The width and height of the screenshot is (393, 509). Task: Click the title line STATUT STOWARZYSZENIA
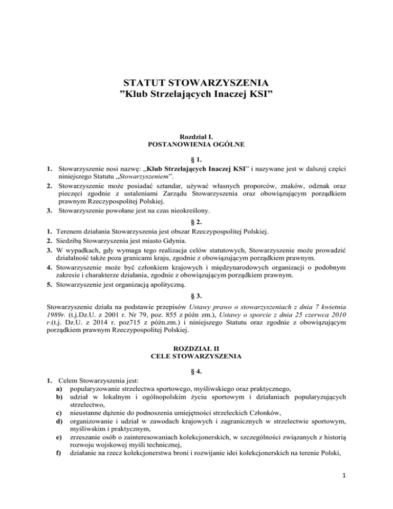click(x=196, y=81)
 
